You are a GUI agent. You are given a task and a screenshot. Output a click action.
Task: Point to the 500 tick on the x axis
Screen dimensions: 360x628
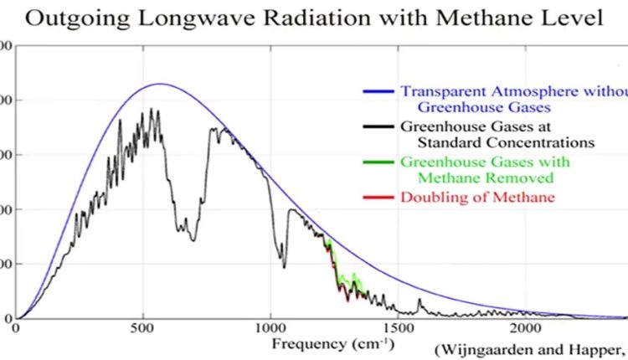coord(143,328)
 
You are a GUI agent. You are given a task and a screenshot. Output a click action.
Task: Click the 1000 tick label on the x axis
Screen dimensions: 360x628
coord(270,328)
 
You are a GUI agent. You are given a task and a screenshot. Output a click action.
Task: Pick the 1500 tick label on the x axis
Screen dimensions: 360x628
coord(398,328)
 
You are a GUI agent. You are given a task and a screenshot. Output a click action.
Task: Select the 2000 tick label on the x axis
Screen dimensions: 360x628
coord(525,328)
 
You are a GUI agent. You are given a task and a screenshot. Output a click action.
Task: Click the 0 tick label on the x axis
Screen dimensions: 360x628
coord(17,328)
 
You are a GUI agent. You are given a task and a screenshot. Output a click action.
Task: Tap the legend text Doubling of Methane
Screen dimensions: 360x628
coord(477,197)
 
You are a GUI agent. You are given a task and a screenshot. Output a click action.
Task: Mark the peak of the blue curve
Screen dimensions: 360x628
coord(160,84)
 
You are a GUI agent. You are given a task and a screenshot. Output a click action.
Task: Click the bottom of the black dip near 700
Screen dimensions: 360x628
coord(193,241)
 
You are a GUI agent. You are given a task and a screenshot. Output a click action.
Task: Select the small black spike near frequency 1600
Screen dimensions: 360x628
coord(420,299)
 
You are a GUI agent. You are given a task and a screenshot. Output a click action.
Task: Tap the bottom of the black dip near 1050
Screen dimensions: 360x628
coord(285,268)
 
